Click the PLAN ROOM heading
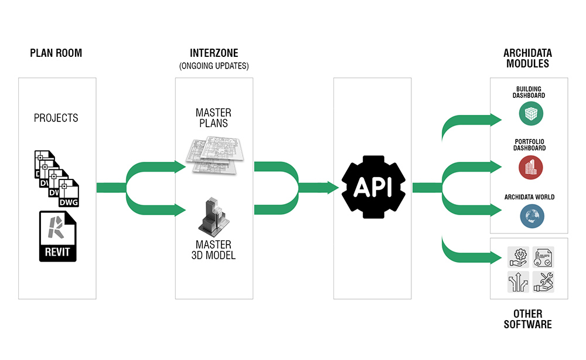(56, 53)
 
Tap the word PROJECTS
(56, 118)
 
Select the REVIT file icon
(57, 236)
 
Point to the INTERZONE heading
(214, 53)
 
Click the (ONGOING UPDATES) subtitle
(214, 66)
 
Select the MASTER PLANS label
(213, 118)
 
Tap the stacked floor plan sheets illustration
(213, 154)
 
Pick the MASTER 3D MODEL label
(213, 250)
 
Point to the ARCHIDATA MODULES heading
(527, 58)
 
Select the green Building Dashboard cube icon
(531, 114)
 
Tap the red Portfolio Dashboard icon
(531, 167)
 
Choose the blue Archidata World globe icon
(531, 216)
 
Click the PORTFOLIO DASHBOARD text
(530, 145)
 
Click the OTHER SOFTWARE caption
(527, 319)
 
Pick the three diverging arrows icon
(518, 282)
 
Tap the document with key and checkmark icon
(543, 256)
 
